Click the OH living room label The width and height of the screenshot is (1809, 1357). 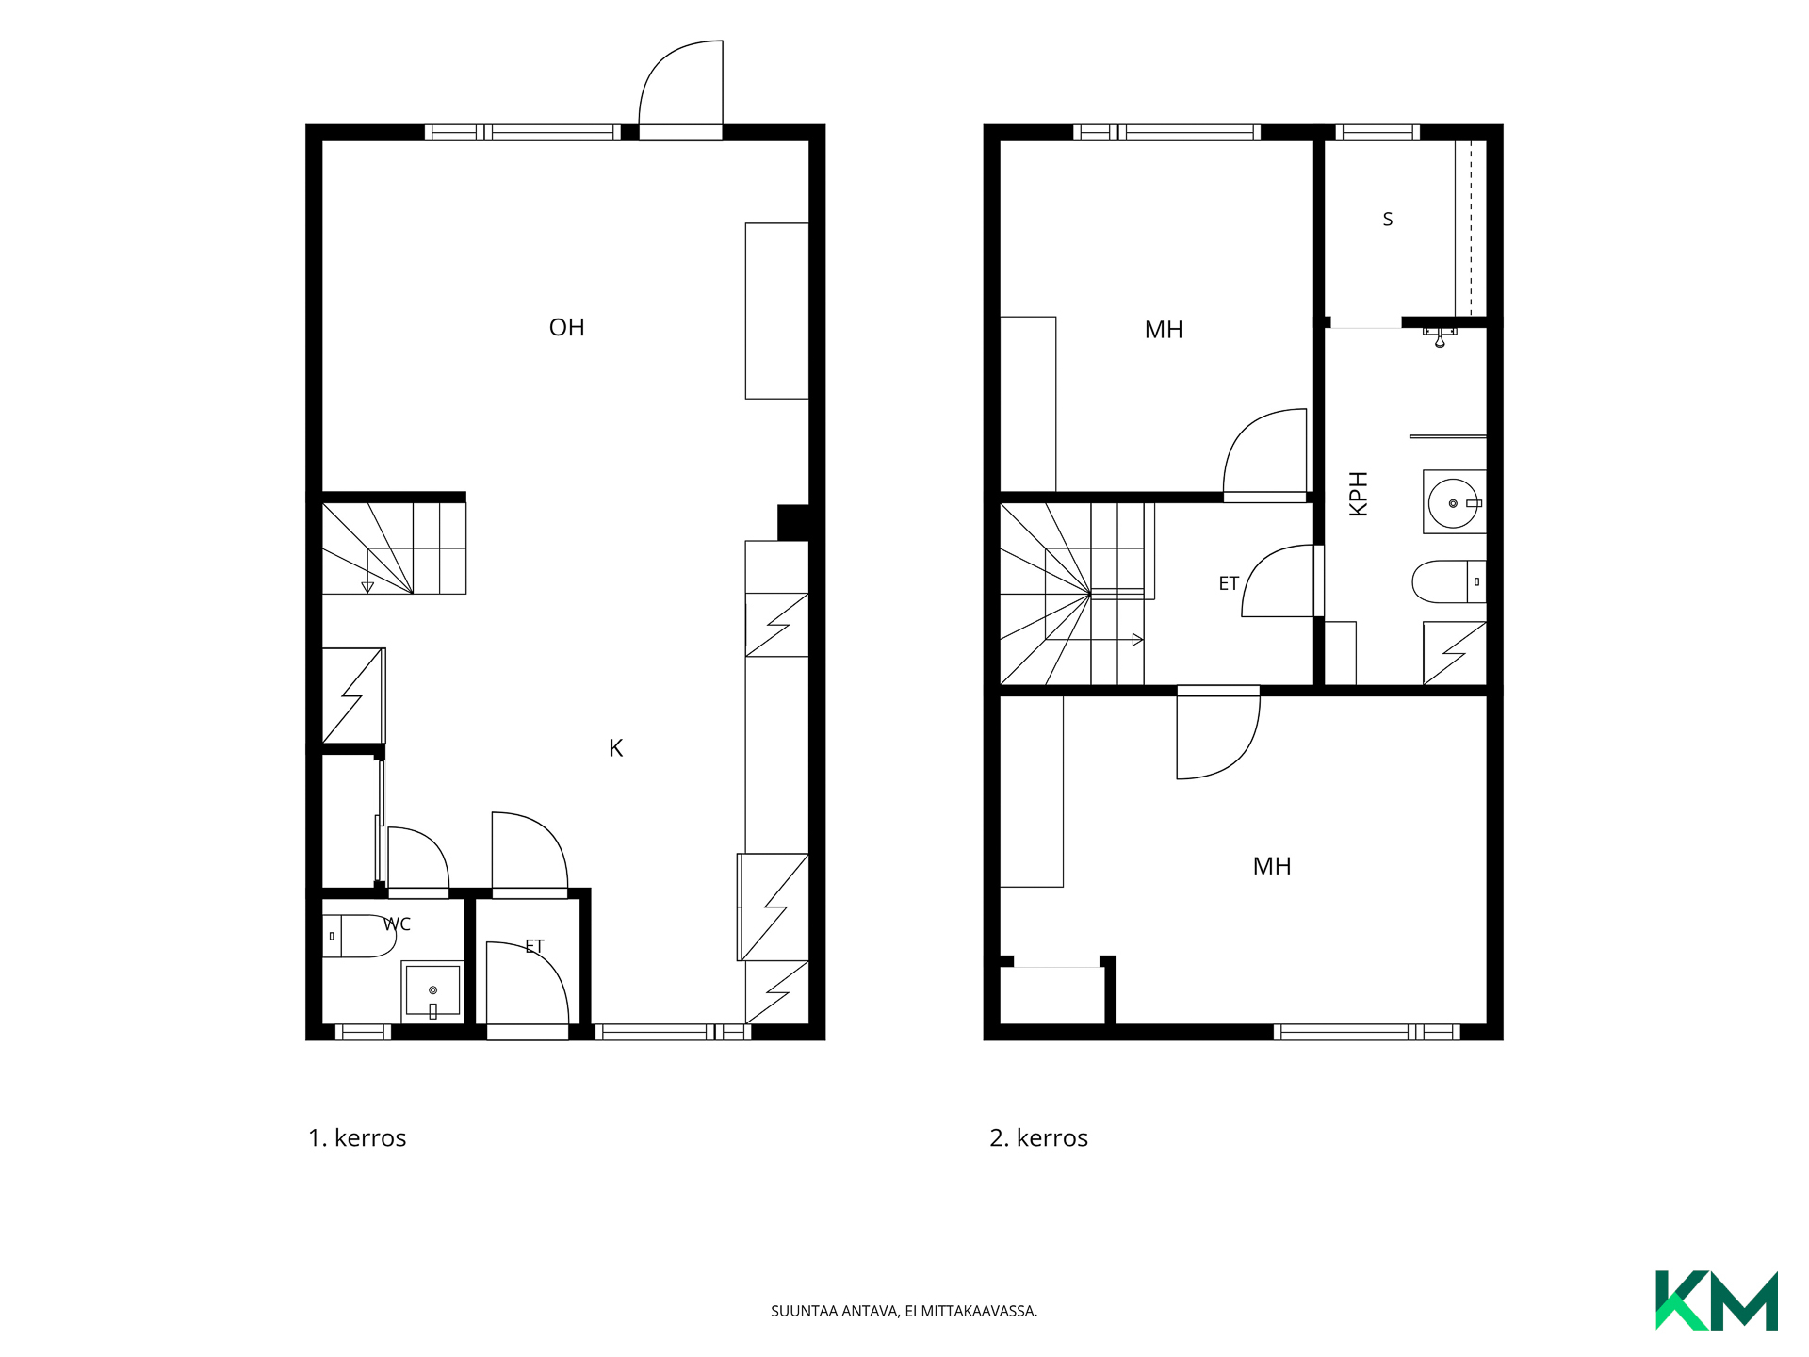(x=566, y=327)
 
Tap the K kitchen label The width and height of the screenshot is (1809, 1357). (x=615, y=748)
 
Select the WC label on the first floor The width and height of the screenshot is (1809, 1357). (x=397, y=924)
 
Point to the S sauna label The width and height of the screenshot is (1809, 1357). (x=1387, y=220)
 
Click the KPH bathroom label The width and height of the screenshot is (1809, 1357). (x=1358, y=493)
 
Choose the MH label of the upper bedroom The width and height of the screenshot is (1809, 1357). (x=1164, y=330)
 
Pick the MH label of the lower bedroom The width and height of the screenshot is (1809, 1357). (x=1272, y=866)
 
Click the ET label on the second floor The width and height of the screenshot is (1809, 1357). (x=1229, y=583)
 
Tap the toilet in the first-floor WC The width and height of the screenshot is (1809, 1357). (x=359, y=936)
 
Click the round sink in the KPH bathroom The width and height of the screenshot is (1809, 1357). (x=1454, y=503)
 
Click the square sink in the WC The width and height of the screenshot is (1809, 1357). (x=432, y=990)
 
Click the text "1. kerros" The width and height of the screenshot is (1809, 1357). (x=357, y=1138)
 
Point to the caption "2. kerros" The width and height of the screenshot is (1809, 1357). (x=1038, y=1138)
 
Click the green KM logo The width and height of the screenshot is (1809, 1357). (x=1717, y=1300)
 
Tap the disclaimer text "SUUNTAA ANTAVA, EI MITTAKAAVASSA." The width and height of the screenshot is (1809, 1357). (x=904, y=1311)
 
